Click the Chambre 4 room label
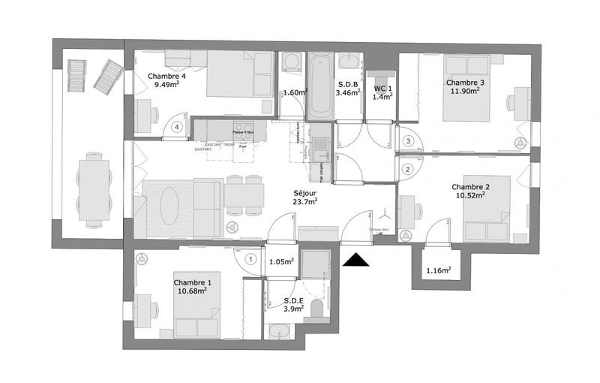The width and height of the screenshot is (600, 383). pyautogui.click(x=166, y=76)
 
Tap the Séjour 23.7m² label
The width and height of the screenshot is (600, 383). pyautogui.click(x=304, y=196)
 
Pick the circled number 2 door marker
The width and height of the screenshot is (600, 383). pyautogui.click(x=407, y=169)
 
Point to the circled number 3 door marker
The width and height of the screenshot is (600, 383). pyautogui.click(x=408, y=140)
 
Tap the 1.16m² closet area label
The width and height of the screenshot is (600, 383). pyautogui.click(x=438, y=270)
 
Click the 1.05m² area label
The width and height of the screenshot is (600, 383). pyautogui.click(x=280, y=262)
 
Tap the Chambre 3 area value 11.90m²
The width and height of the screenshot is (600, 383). pyautogui.click(x=465, y=91)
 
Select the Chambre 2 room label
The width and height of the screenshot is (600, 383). pyautogui.click(x=470, y=187)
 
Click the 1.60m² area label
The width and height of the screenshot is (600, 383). pyautogui.click(x=295, y=93)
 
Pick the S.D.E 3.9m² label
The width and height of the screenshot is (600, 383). pyautogui.click(x=293, y=304)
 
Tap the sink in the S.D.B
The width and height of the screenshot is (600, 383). pyautogui.click(x=349, y=62)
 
